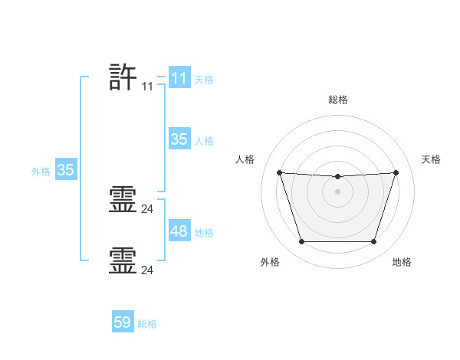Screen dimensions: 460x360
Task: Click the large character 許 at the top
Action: (x=123, y=77)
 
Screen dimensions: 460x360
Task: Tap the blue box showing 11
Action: (x=179, y=77)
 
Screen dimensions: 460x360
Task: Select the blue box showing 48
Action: (x=179, y=230)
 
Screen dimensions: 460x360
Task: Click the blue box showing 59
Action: (x=123, y=321)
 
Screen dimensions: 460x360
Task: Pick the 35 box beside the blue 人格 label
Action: (x=179, y=139)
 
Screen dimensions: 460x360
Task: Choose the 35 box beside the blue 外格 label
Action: (x=66, y=169)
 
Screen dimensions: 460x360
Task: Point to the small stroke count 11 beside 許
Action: (x=147, y=87)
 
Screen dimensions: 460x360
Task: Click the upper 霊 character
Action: (x=123, y=199)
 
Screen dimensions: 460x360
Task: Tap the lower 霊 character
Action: (x=123, y=260)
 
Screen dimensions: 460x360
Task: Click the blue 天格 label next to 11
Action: (x=204, y=80)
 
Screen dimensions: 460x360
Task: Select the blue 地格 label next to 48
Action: (x=204, y=233)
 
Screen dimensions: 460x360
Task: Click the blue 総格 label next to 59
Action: (x=147, y=324)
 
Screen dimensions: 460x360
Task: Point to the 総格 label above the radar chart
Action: (x=338, y=100)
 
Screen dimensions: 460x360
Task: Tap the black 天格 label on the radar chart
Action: (x=431, y=159)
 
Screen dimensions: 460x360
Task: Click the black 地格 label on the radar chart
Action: (x=402, y=262)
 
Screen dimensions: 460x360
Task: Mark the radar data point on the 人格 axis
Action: (x=280, y=172)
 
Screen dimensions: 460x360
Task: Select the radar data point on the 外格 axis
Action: (x=302, y=241)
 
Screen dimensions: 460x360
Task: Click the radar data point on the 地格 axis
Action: (x=373, y=241)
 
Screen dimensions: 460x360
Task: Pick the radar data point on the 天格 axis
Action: (x=396, y=172)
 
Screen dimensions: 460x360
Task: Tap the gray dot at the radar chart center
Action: (x=337, y=191)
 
